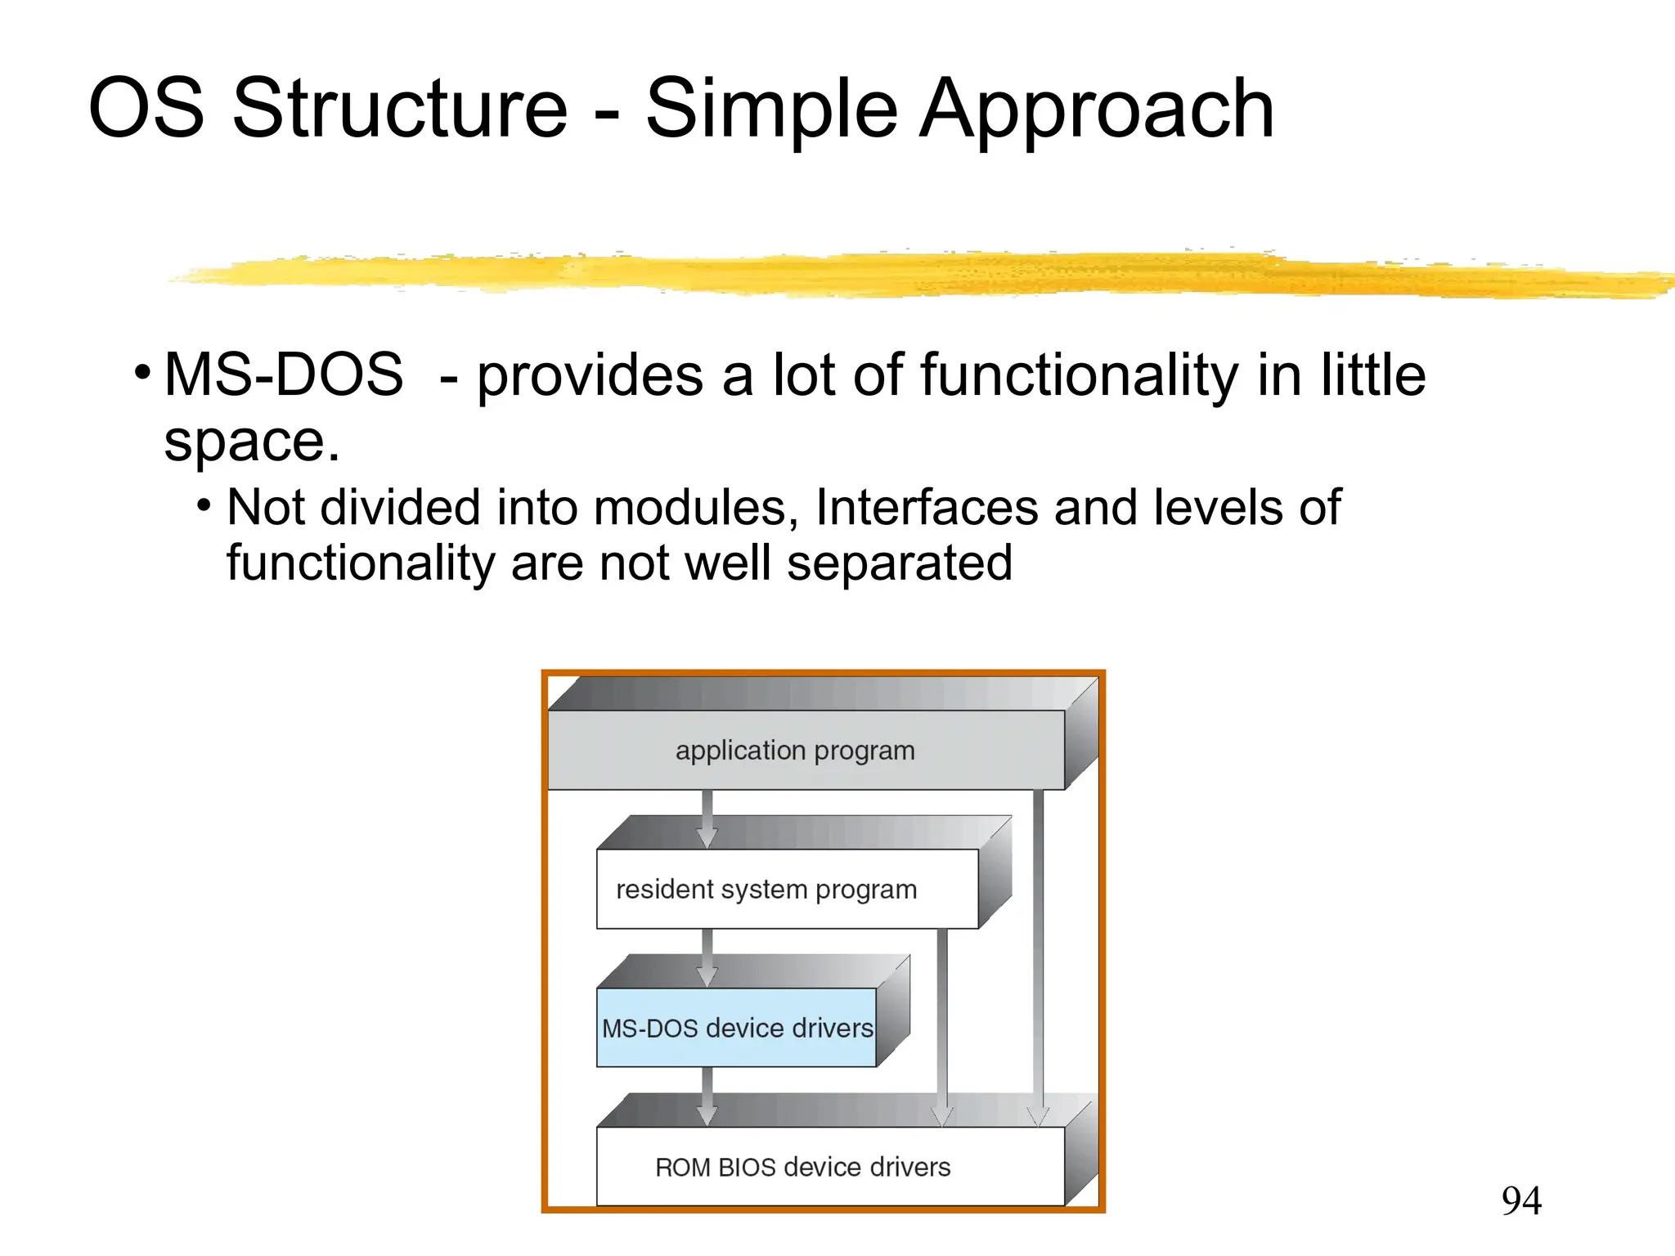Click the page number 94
(1520, 1200)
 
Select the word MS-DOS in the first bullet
(283, 375)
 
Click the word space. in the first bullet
(251, 442)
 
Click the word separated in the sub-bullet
(899, 563)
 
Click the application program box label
(794, 750)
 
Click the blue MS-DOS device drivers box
(736, 1028)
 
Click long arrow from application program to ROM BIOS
(1038, 957)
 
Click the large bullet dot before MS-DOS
(143, 373)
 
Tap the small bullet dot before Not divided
(204, 506)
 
